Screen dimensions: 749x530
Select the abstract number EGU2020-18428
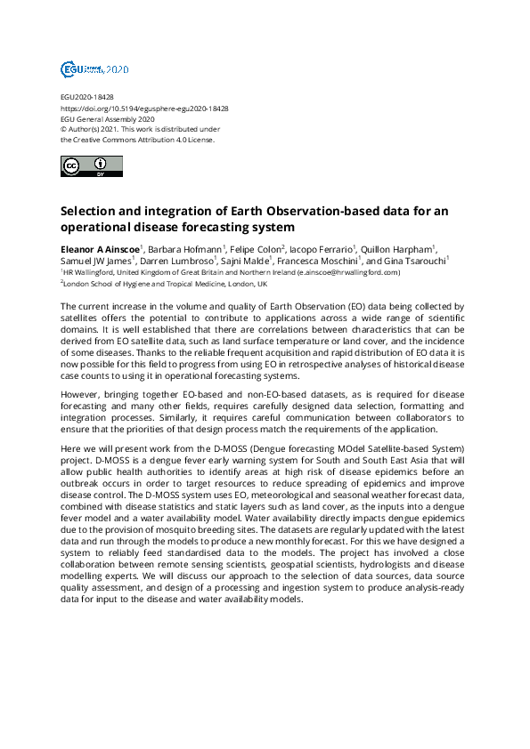tap(86, 97)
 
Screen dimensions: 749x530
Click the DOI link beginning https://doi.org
tap(144, 108)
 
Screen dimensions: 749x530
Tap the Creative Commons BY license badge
tap(86, 166)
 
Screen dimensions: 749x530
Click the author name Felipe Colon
tap(258, 248)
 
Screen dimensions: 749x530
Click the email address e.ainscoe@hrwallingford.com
tap(348, 272)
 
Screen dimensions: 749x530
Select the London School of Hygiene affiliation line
tap(165, 284)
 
